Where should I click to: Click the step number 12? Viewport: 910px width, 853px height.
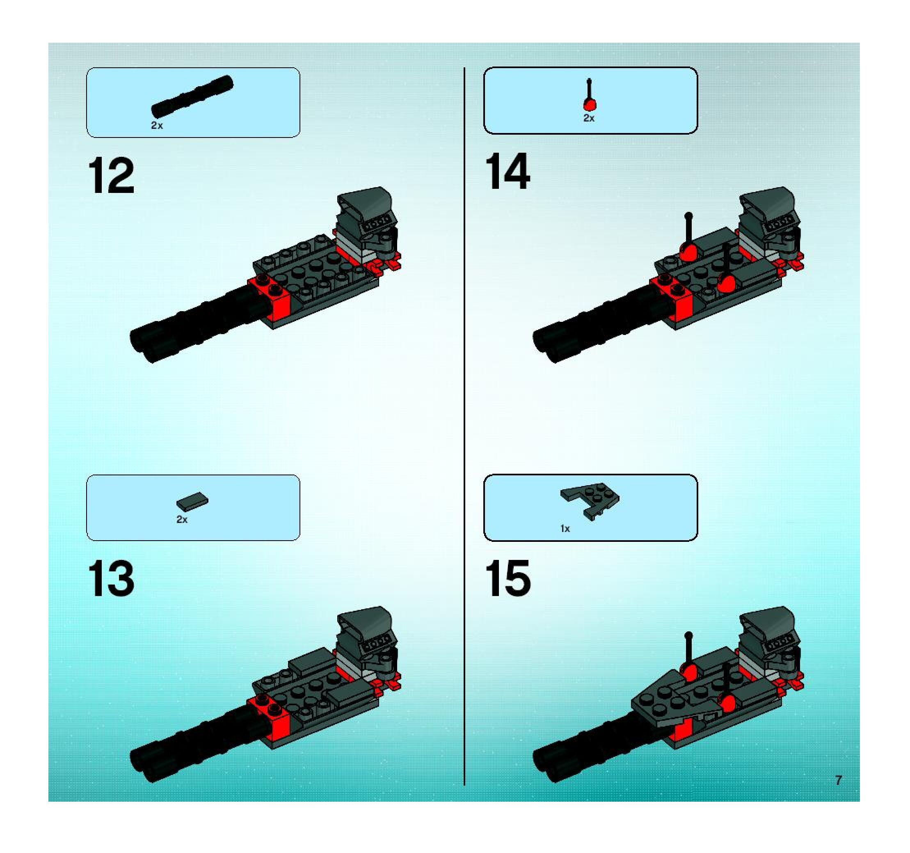point(111,176)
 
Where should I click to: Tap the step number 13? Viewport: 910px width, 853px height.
point(111,579)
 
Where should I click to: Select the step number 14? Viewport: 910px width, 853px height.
point(507,171)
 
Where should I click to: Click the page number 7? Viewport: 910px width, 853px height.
point(839,780)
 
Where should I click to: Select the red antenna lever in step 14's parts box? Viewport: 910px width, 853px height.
point(590,95)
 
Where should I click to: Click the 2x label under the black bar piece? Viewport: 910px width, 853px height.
point(157,126)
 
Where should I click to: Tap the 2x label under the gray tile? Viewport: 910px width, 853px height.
point(182,519)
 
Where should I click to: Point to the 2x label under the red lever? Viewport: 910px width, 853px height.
point(589,118)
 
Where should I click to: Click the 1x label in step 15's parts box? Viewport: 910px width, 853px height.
point(565,528)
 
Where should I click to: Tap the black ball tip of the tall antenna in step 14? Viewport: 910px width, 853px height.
point(688,215)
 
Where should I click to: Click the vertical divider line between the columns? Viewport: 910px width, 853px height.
point(464,427)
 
